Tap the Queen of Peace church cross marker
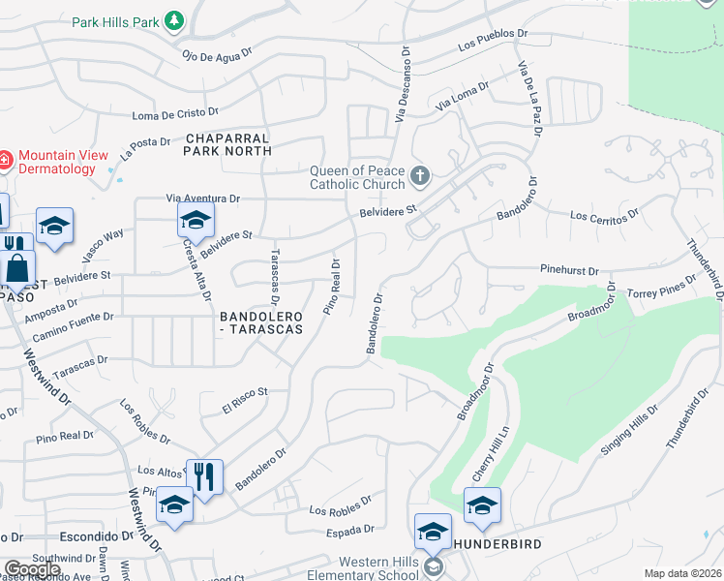pyautogui.click(x=419, y=176)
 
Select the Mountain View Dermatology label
pyautogui.click(x=57, y=162)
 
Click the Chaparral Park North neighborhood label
pyautogui.click(x=227, y=145)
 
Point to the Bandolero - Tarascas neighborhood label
pyautogui.click(x=262, y=322)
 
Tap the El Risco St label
pyautogui.click(x=243, y=399)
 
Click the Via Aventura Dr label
pyautogui.click(x=202, y=198)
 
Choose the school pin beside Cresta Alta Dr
pyautogui.click(x=196, y=221)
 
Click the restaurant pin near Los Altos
pyautogui.click(x=204, y=478)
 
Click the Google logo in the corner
pyautogui.click(x=32, y=569)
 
